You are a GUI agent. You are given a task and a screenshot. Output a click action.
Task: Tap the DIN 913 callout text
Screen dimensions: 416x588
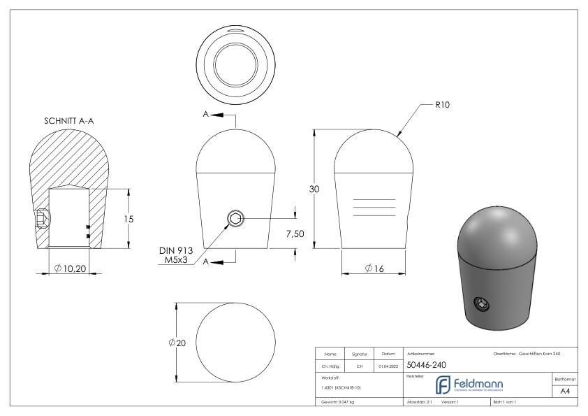pos(176,250)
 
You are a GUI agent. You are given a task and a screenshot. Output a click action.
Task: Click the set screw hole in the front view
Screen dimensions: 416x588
pos(235,219)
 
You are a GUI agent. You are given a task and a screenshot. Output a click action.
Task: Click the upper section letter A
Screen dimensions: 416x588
pos(205,114)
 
